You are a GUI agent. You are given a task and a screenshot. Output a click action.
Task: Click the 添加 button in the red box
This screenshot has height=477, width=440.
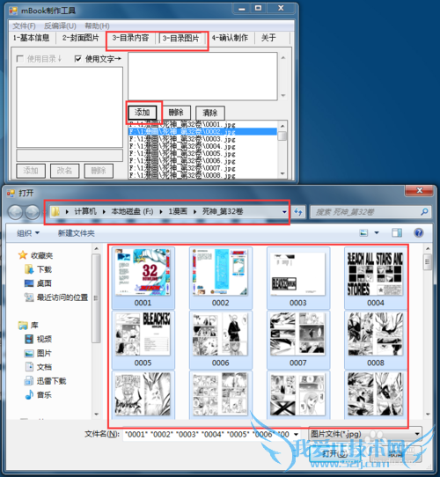point(143,113)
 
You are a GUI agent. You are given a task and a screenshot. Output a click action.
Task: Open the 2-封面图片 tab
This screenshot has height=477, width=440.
point(82,39)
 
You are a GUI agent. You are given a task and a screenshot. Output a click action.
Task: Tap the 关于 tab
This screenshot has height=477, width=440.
point(269,39)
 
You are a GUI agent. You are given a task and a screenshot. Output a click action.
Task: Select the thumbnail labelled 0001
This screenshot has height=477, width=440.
point(143,273)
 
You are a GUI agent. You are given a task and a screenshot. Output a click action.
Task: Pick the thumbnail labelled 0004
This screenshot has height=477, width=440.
point(376,273)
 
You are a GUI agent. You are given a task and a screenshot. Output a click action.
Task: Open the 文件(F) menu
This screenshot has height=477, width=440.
point(25,26)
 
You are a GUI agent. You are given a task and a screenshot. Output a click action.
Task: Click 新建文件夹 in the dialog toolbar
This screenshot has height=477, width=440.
point(76,233)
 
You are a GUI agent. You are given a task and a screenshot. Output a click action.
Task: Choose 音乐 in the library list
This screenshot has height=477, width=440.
point(44,395)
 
